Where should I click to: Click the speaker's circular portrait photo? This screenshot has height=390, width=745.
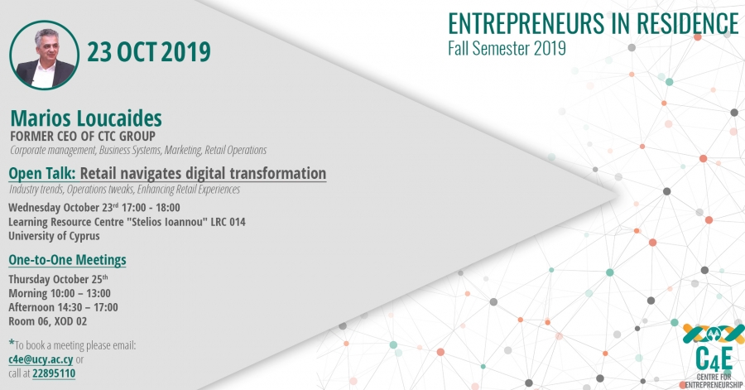click(x=44, y=55)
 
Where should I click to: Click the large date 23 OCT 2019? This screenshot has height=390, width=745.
click(x=149, y=52)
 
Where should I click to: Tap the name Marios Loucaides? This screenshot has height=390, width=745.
click(x=86, y=118)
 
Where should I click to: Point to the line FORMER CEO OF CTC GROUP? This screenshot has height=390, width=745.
click(x=83, y=137)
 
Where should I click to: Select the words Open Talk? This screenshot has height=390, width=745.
click(x=42, y=174)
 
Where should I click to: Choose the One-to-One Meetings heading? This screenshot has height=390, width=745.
click(x=68, y=260)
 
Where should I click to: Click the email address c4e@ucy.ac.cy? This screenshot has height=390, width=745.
click(x=41, y=359)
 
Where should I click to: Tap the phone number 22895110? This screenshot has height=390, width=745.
click(x=54, y=373)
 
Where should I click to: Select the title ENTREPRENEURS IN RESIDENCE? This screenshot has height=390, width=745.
click(x=593, y=24)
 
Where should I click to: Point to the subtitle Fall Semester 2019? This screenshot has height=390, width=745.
click(x=507, y=49)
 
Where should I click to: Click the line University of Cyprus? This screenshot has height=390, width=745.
click(x=54, y=236)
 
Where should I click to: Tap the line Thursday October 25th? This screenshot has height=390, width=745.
click(x=58, y=279)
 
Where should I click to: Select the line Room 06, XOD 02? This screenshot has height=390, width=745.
click(x=47, y=321)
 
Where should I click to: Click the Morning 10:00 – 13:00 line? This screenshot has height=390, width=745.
click(x=60, y=294)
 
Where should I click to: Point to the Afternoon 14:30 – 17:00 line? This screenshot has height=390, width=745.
click(x=63, y=307)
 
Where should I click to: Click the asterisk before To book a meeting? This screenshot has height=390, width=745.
click(x=12, y=342)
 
